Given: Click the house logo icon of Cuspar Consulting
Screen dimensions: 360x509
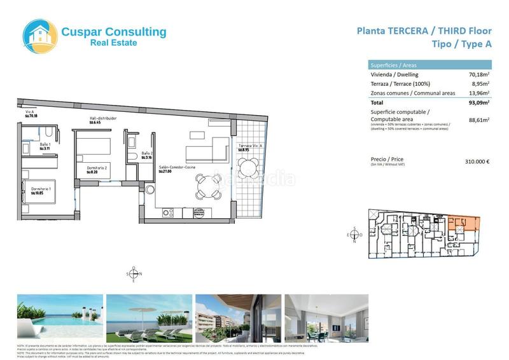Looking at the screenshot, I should tap(39, 36).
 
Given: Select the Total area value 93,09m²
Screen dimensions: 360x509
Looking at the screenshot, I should tap(480, 102).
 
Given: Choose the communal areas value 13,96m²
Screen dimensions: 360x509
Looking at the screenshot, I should tap(480, 93).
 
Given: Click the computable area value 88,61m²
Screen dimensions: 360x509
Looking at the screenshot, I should tap(480, 120).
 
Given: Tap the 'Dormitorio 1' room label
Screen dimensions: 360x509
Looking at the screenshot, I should tap(33, 189).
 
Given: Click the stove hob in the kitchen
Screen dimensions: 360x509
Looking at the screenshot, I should tap(169, 212).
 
